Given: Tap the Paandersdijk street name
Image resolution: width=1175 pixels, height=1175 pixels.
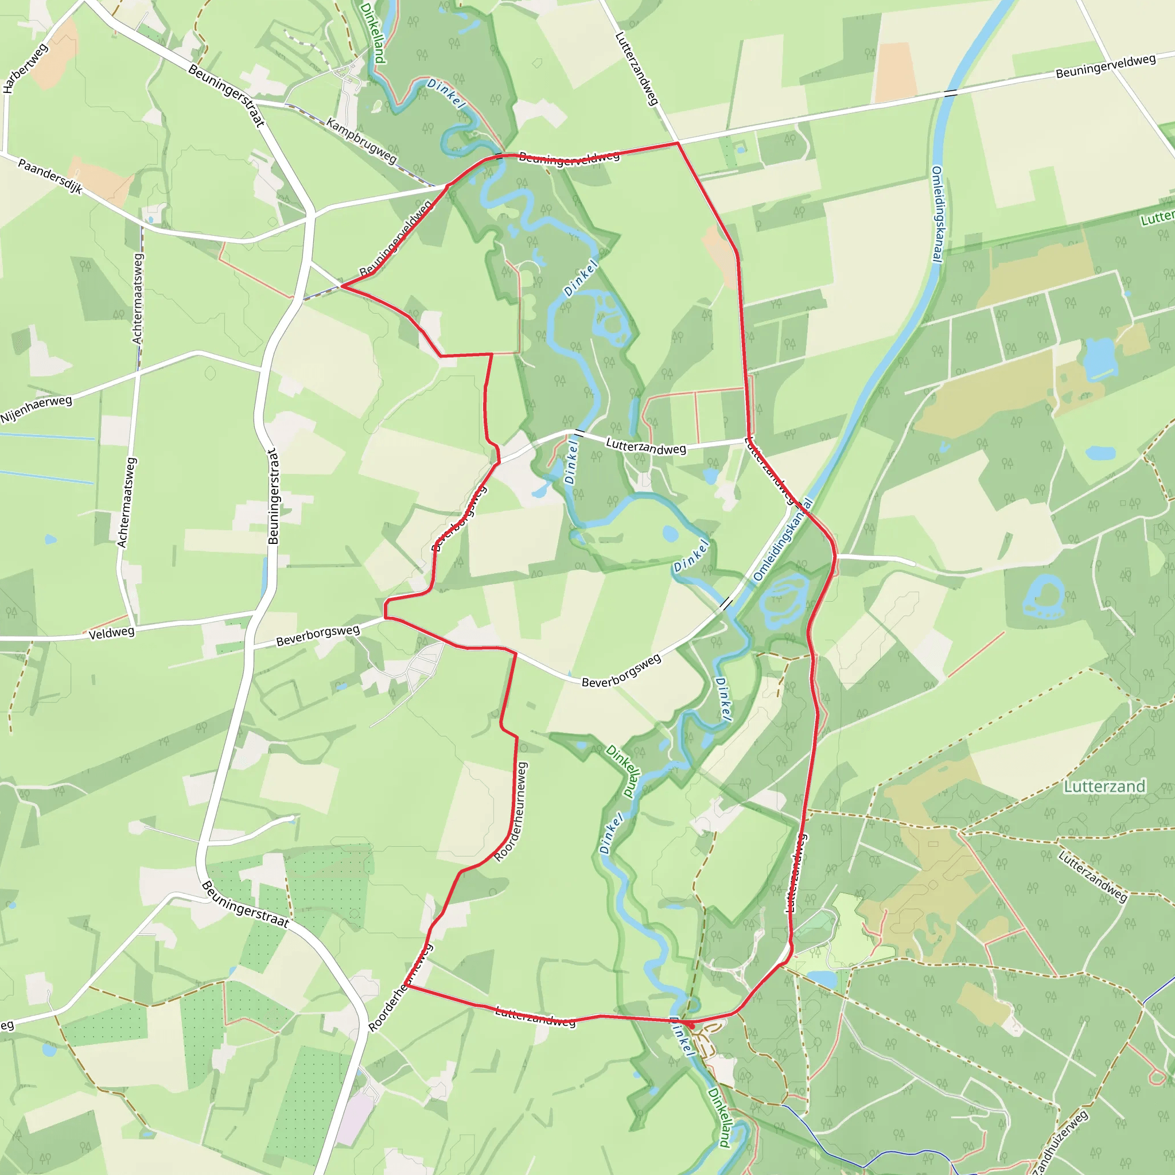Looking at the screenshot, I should coord(50,176).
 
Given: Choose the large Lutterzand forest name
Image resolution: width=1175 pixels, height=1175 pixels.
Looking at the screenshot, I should coord(1104,787).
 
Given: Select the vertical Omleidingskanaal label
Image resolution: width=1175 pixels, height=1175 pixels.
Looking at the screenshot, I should coord(937,213).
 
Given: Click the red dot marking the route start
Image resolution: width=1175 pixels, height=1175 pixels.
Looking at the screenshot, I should coord(691,1025).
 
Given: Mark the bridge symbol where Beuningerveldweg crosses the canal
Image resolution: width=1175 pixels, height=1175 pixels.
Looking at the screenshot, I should coord(951,93).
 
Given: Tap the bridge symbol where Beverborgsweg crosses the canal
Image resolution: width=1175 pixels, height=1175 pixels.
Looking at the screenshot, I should coord(726,604).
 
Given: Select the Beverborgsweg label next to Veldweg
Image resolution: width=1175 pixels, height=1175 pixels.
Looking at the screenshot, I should coord(317,636).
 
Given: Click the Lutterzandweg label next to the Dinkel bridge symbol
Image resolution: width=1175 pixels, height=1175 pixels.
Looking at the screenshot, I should coord(646,448).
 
